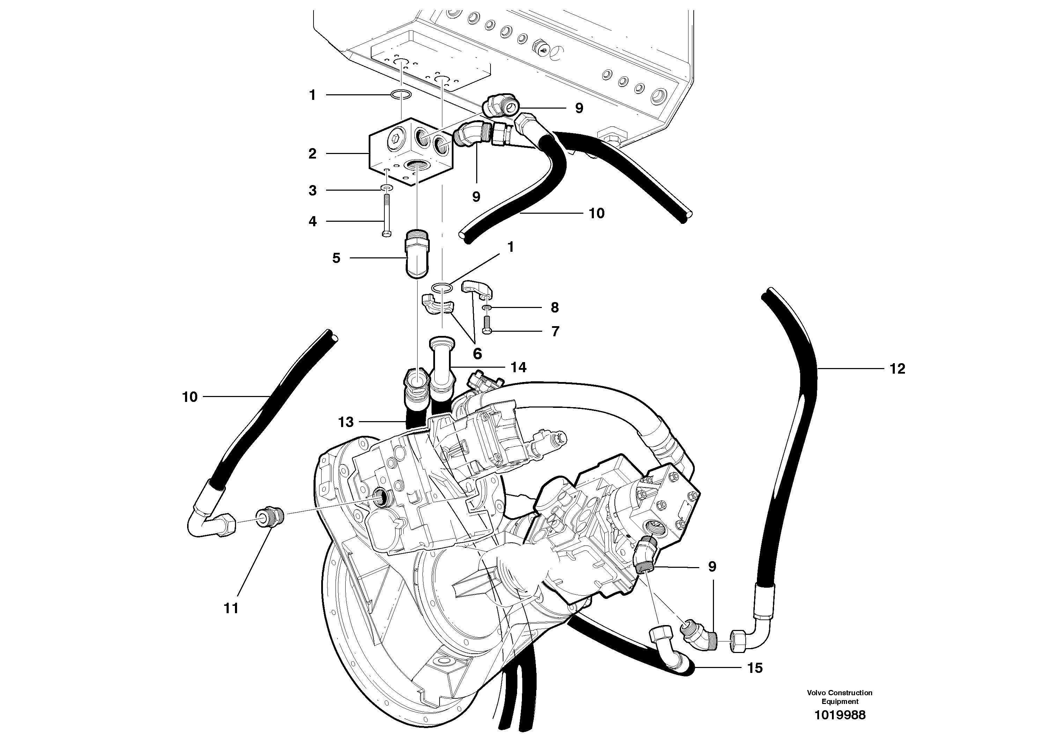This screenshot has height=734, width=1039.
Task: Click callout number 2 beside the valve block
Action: click(x=312, y=154)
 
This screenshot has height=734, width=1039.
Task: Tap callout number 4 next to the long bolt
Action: click(x=312, y=222)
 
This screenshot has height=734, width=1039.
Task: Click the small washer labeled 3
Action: click(x=386, y=188)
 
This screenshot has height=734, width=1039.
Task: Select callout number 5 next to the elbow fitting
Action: click(x=336, y=258)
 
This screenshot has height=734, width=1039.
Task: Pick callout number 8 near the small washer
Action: click(x=555, y=308)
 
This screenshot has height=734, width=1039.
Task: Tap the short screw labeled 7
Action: click(x=487, y=325)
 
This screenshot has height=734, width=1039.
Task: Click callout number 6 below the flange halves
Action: click(x=477, y=353)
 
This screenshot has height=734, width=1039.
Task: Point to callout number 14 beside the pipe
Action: click(x=518, y=367)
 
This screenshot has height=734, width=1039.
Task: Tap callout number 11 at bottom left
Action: click(x=231, y=608)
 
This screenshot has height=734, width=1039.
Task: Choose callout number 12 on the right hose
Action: click(x=897, y=369)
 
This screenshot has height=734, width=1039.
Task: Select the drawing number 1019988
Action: click(x=839, y=715)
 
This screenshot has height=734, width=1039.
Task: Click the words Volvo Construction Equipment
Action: click(x=839, y=697)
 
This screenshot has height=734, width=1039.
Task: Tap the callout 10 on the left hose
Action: click(x=190, y=397)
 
